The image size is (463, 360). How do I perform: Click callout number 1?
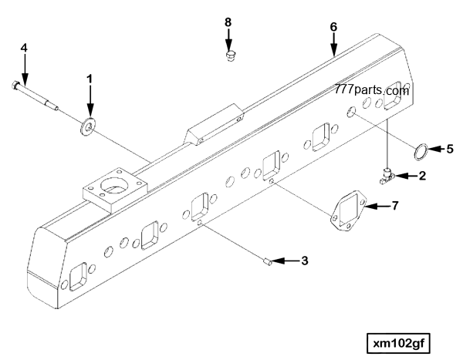pos(90,79)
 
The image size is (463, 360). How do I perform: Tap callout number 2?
pos(422,176)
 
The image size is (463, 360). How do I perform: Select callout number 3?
pos(304,261)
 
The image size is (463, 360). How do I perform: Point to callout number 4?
pos(24,48)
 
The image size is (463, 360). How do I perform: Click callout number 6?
pos(333,26)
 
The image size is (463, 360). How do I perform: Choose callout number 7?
pos(394,206)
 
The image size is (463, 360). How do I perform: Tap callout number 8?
pos(228,23)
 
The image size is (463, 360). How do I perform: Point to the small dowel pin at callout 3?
pos(265,262)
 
